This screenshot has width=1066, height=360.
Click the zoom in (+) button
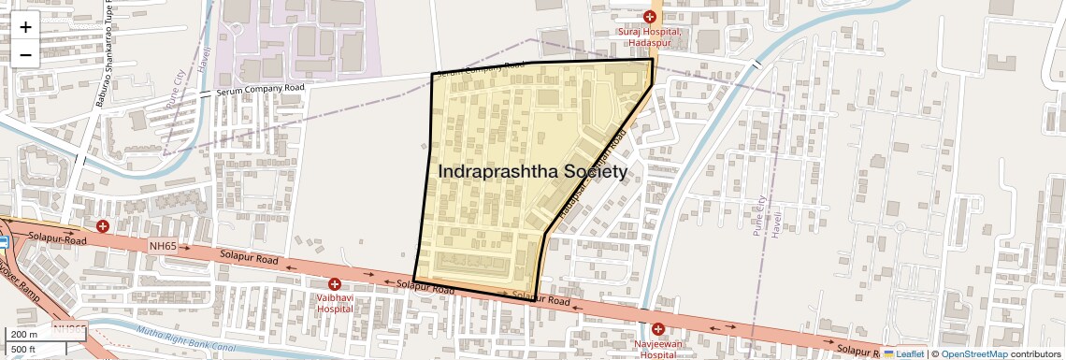[x=25, y=27]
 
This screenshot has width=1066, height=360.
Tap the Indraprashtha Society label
[x=532, y=173]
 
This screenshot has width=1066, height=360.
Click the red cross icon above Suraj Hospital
[x=650, y=16]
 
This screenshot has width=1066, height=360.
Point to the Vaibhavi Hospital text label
[x=334, y=302]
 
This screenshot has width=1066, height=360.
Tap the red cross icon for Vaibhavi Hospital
[x=334, y=284]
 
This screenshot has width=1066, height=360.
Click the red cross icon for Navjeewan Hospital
[x=658, y=329]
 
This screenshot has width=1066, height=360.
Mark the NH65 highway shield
[x=163, y=246]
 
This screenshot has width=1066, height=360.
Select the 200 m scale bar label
[x=25, y=335]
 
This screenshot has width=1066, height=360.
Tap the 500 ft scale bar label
[x=24, y=350]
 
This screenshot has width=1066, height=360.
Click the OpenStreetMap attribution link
[x=973, y=353]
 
